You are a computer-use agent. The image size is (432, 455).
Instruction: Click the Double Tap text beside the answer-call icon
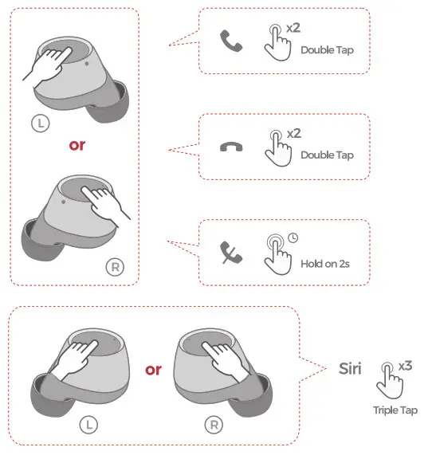coord(327,49)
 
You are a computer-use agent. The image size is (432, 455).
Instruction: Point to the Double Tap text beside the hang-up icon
coord(327,155)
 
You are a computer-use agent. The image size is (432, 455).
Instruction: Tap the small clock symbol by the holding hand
coord(293,237)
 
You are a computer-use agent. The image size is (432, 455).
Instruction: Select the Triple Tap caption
coord(395,410)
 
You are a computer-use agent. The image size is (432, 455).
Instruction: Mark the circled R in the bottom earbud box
coord(214,425)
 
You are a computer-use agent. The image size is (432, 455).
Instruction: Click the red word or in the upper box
coord(76,146)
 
